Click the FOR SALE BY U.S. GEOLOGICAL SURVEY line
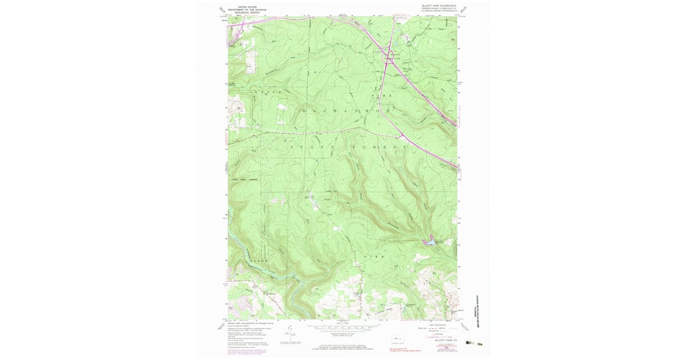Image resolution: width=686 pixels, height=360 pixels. [x=343, y=345]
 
